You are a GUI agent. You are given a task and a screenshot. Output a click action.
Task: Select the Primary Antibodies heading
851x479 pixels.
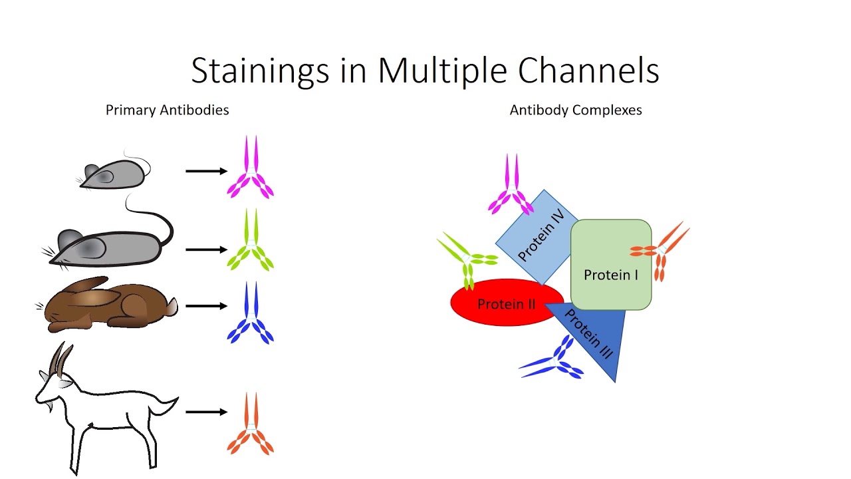click(x=167, y=110)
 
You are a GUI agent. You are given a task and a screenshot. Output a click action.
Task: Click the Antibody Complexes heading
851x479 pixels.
click(x=576, y=110)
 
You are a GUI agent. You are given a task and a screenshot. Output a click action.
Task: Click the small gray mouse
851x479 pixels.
click(x=113, y=174)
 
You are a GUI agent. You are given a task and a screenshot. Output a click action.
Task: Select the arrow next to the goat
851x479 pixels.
click(x=206, y=412)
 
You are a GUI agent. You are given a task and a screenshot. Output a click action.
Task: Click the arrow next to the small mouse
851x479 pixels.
click(x=206, y=171)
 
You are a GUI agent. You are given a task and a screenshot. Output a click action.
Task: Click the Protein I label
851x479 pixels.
click(x=610, y=275)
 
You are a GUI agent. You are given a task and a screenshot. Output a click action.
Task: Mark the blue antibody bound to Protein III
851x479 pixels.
click(x=555, y=359)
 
